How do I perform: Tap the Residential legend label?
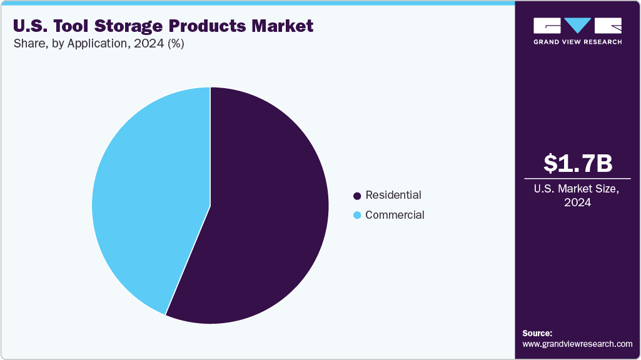(393, 195)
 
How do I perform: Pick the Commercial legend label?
(395, 215)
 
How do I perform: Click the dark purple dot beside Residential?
(357, 196)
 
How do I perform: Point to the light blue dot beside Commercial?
(357, 216)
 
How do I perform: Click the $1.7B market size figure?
(577, 163)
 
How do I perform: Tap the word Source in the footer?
(537, 333)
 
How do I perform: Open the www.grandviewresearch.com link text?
(577, 344)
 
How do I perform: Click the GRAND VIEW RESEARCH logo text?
(577, 42)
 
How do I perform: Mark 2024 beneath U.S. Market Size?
(577, 202)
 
